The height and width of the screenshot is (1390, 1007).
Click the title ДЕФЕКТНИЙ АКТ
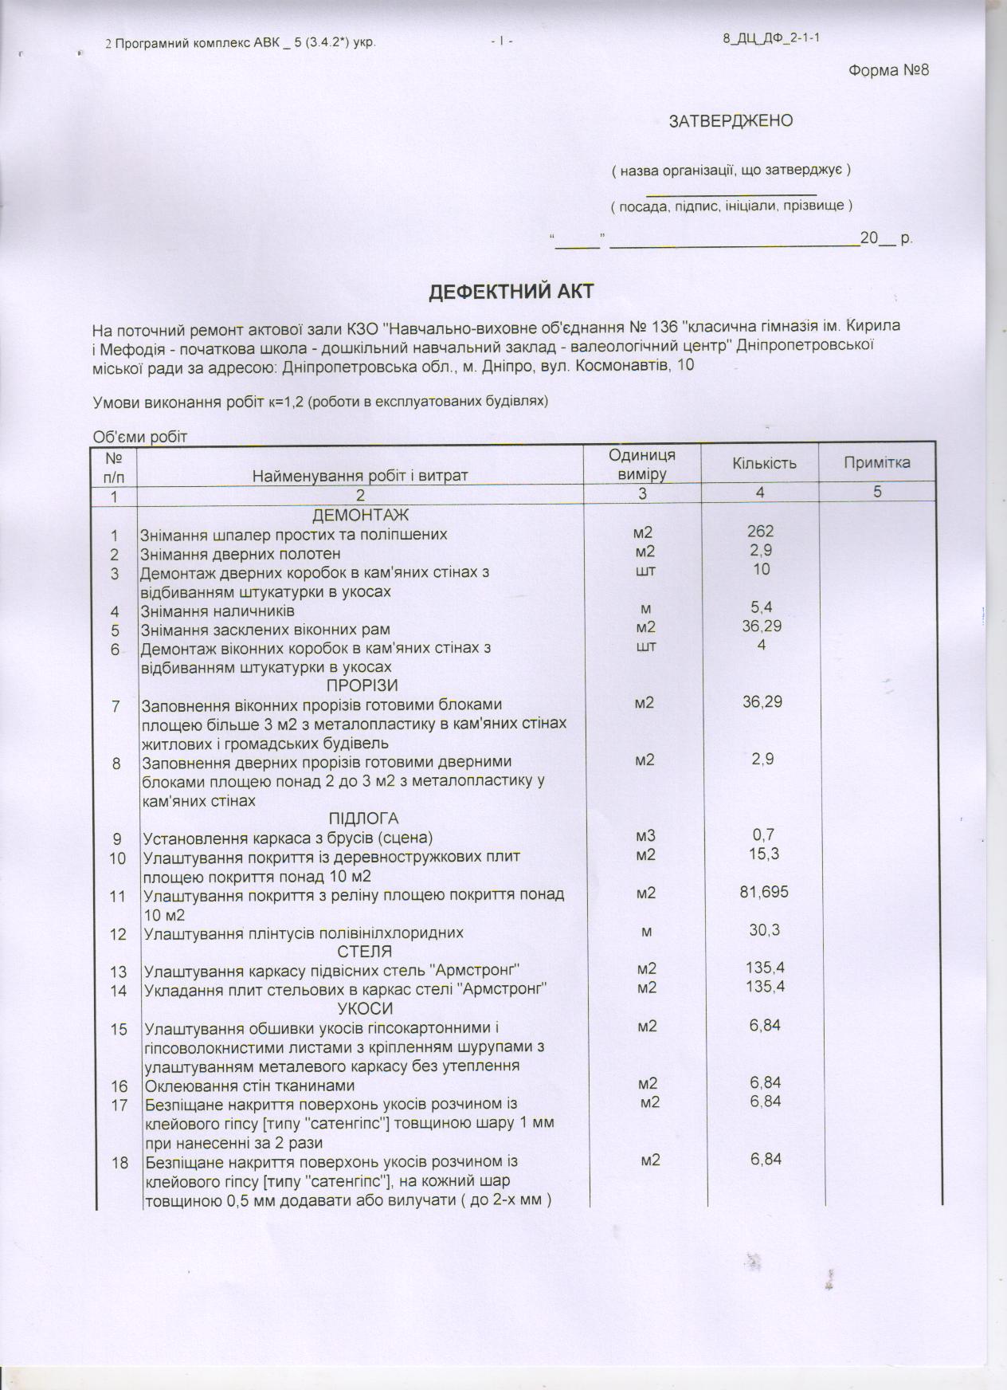[x=511, y=292]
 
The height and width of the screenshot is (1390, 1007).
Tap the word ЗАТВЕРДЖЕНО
[x=731, y=121]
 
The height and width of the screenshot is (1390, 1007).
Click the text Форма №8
[x=888, y=70]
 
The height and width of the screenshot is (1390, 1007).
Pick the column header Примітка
[x=876, y=463]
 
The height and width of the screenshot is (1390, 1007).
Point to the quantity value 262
[x=761, y=531]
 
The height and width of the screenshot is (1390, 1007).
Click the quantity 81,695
[x=763, y=892]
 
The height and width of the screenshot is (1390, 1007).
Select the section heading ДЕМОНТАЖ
[x=360, y=515]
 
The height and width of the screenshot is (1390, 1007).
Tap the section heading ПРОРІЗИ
[x=362, y=685]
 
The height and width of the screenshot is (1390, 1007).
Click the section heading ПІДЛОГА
[x=363, y=819]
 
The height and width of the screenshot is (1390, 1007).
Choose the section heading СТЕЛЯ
[x=364, y=952]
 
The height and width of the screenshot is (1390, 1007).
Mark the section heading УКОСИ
[x=365, y=1009]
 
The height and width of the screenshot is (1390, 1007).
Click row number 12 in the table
[x=118, y=933]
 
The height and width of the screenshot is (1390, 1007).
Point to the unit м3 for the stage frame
[x=645, y=837]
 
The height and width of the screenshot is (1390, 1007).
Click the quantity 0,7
[x=763, y=835]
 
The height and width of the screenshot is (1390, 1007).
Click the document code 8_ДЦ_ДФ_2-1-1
[x=767, y=38]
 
